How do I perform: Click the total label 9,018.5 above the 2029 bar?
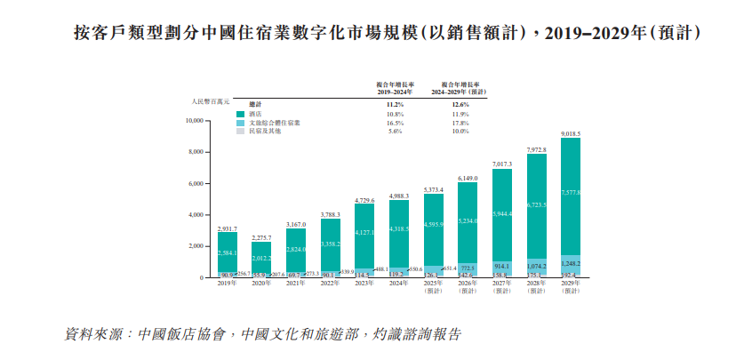[571, 133]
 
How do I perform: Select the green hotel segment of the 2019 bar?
[228, 252]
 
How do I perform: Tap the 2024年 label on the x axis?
[399, 284]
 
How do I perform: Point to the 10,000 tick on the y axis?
[194, 121]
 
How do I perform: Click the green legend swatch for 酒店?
[240, 114]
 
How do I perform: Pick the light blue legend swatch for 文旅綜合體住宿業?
[240, 123]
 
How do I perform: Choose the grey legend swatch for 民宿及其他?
[240, 132]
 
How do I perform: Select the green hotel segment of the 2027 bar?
[502, 213]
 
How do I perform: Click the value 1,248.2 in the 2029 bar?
[571, 263]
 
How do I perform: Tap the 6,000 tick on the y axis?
[196, 184]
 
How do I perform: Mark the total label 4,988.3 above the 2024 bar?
[399, 196]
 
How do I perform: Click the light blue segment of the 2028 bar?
[536, 266]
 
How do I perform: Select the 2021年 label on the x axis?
[296, 284]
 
